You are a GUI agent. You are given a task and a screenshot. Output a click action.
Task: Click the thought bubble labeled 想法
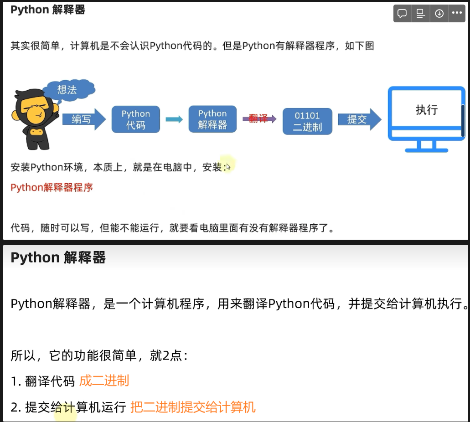(69, 89)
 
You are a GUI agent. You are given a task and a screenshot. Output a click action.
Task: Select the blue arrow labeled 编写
(84, 119)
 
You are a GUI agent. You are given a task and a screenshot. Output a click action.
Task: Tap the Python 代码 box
(136, 119)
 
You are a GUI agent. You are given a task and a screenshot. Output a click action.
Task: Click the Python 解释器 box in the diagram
(212, 119)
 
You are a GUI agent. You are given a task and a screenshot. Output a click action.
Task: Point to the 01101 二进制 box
(307, 121)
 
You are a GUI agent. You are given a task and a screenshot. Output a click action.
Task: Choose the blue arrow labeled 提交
(359, 119)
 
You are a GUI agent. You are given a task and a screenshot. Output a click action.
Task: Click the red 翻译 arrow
(259, 119)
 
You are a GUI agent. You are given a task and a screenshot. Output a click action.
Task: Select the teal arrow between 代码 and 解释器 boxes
(174, 119)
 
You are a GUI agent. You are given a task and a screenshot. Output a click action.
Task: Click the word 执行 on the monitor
(427, 110)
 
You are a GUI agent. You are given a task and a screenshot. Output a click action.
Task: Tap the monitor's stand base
(427, 150)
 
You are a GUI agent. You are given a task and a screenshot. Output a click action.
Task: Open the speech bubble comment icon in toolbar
(402, 14)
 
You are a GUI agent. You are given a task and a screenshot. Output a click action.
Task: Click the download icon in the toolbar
(439, 14)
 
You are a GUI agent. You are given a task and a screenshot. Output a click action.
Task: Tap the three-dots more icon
(457, 13)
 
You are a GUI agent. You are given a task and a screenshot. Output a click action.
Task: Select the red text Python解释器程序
(52, 188)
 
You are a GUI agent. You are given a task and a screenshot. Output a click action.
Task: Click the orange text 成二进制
(104, 381)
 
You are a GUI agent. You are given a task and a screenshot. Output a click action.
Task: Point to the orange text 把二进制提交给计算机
(193, 407)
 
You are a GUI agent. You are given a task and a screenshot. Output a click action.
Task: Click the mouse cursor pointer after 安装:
(228, 167)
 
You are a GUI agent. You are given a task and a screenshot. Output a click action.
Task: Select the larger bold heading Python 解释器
(58, 257)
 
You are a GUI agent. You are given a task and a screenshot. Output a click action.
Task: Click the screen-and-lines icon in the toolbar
(421, 14)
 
